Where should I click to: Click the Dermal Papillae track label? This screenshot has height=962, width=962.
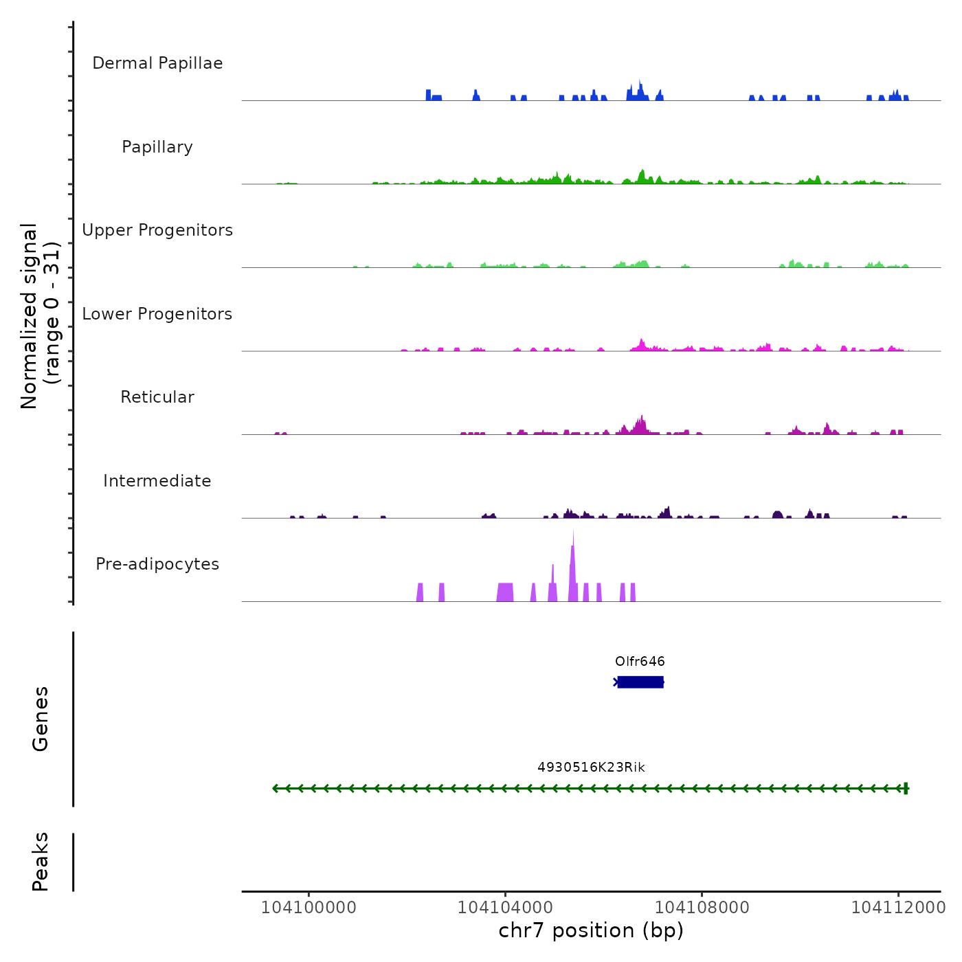pos(157,63)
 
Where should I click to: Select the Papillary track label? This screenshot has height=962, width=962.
pos(157,147)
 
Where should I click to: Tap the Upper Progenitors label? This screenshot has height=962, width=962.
pos(157,230)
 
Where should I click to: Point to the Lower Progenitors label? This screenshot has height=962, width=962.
pos(157,314)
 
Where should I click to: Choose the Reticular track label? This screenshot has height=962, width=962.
pos(157,397)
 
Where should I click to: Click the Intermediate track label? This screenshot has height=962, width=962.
pos(157,481)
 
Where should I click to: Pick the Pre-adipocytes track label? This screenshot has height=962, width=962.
pos(157,564)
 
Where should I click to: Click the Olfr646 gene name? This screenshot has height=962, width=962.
pos(640,662)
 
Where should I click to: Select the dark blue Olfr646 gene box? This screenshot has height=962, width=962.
pos(640,682)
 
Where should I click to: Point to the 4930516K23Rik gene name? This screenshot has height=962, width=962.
pos(591,768)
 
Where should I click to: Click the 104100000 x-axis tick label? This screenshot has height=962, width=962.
pos(309,908)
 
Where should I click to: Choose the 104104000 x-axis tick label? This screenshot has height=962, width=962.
pos(505,908)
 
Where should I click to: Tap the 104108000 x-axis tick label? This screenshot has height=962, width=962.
pos(702,908)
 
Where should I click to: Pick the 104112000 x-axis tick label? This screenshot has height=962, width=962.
pos(898,908)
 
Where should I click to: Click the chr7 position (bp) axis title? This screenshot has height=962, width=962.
pos(591,930)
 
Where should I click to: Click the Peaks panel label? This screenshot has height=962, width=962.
pos(41,862)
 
